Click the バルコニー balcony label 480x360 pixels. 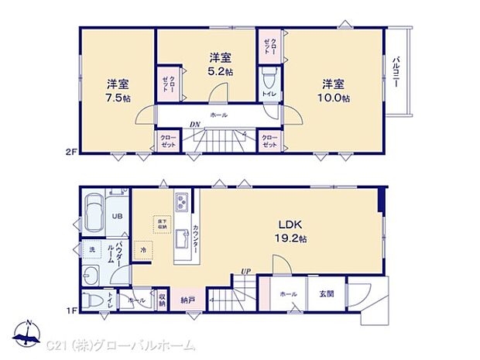click(x=396, y=74)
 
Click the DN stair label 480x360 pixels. click(x=195, y=125)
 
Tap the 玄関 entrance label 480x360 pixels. click(x=327, y=294)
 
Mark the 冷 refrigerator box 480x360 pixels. click(x=143, y=251)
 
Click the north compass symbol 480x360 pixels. click(x=29, y=334)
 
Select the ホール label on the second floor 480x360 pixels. click(x=218, y=114)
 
